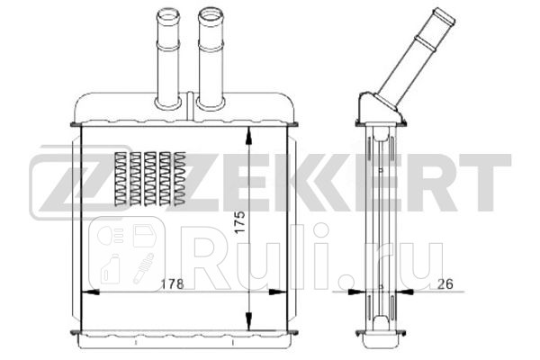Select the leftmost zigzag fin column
click(x=122, y=176)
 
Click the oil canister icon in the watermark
click(x=112, y=267)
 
